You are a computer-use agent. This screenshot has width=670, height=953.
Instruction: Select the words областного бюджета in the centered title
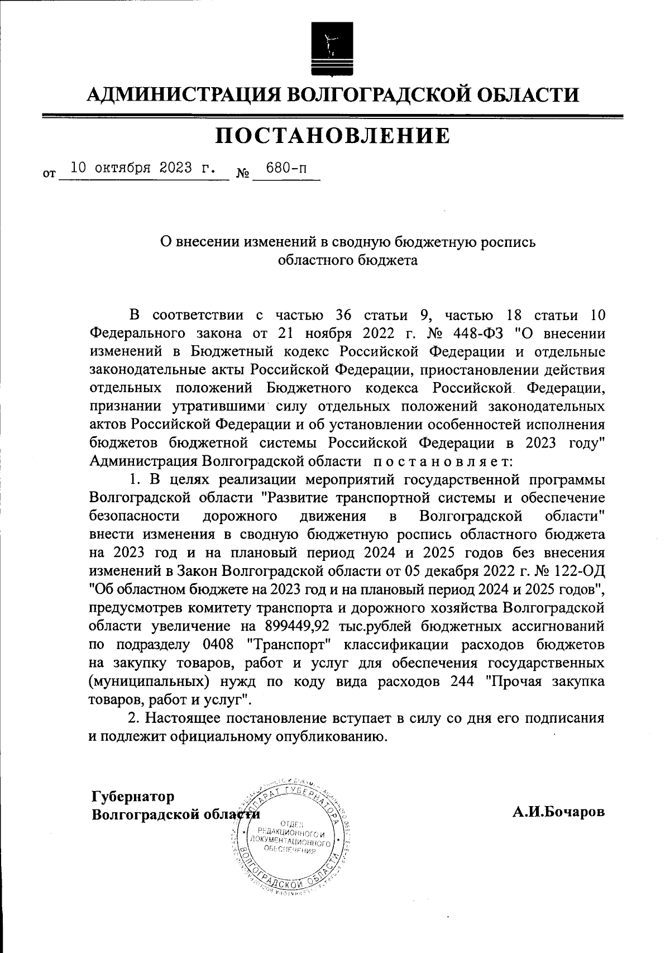(x=347, y=260)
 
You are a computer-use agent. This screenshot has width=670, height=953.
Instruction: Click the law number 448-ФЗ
(x=475, y=333)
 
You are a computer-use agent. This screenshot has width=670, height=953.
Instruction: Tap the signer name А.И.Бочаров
(x=558, y=812)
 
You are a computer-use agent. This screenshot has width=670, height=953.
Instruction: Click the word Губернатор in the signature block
(x=133, y=796)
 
